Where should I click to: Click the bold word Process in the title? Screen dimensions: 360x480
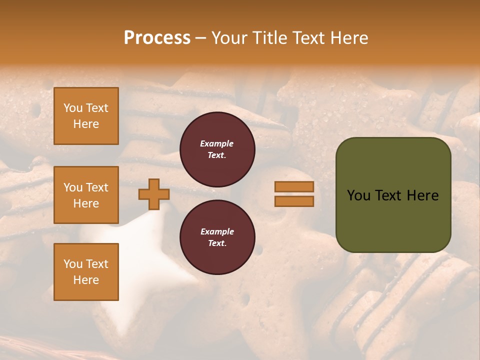coord(157,37)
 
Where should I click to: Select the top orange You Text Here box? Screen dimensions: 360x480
coord(86,116)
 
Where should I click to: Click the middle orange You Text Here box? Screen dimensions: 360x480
coord(86,195)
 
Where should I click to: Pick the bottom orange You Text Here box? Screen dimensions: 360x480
coord(86,272)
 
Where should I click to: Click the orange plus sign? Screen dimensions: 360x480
coord(154,194)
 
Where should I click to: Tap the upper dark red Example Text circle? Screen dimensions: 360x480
coord(217,149)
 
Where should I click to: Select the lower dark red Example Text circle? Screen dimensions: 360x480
coord(217,237)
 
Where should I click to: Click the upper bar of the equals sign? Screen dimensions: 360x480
coord(294,187)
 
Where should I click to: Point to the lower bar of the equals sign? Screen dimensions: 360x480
coord(294,201)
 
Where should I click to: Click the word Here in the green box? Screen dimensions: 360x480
coord(422,195)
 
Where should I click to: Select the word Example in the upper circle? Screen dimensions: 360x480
coord(217,143)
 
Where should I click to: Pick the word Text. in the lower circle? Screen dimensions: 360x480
coord(217,243)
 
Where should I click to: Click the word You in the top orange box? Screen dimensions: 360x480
coord(73,108)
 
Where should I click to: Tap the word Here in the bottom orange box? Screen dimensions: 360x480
coord(86,280)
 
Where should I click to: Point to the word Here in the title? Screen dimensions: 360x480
coord(350,37)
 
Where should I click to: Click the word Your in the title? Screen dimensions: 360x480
coord(229,37)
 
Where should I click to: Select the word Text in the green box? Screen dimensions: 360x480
coord(388,195)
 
